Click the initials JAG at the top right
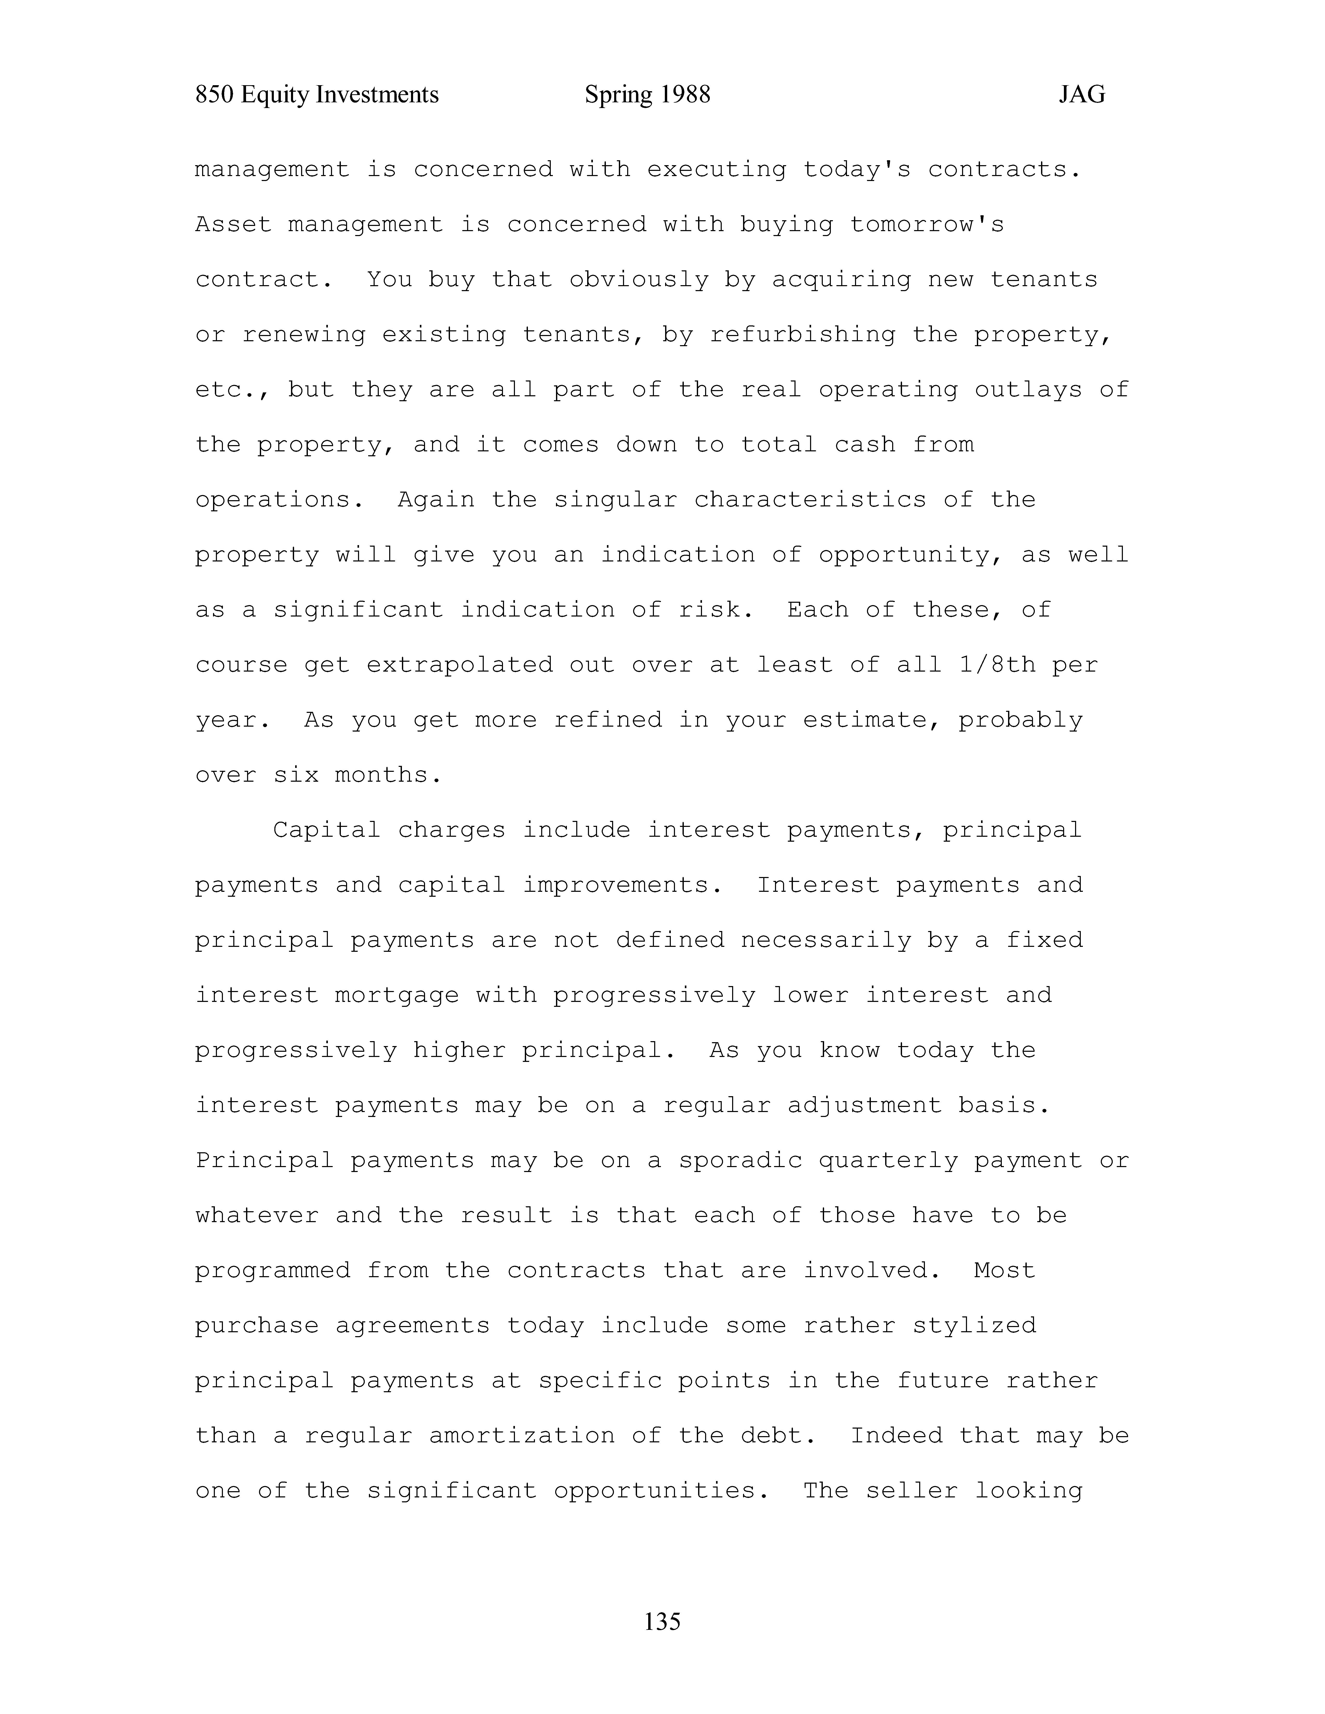pyautogui.click(x=1082, y=95)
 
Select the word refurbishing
pyautogui.click(x=802, y=335)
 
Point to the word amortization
pyautogui.click(x=522, y=1435)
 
